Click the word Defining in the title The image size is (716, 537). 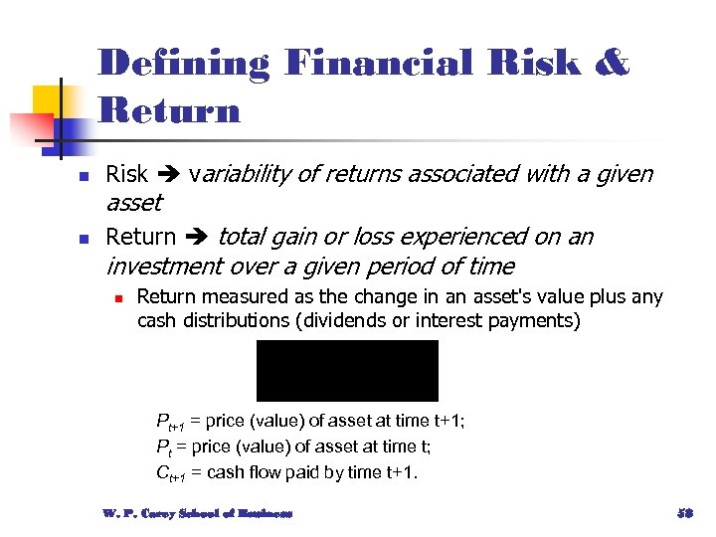point(184,64)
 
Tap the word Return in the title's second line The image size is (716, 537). point(170,109)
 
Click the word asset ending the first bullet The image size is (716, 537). point(133,204)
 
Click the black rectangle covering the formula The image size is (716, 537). point(347,370)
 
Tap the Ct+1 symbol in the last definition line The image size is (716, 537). point(170,473)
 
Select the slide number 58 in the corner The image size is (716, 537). point(683,514)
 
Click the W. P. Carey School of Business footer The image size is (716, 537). point(197,514)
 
